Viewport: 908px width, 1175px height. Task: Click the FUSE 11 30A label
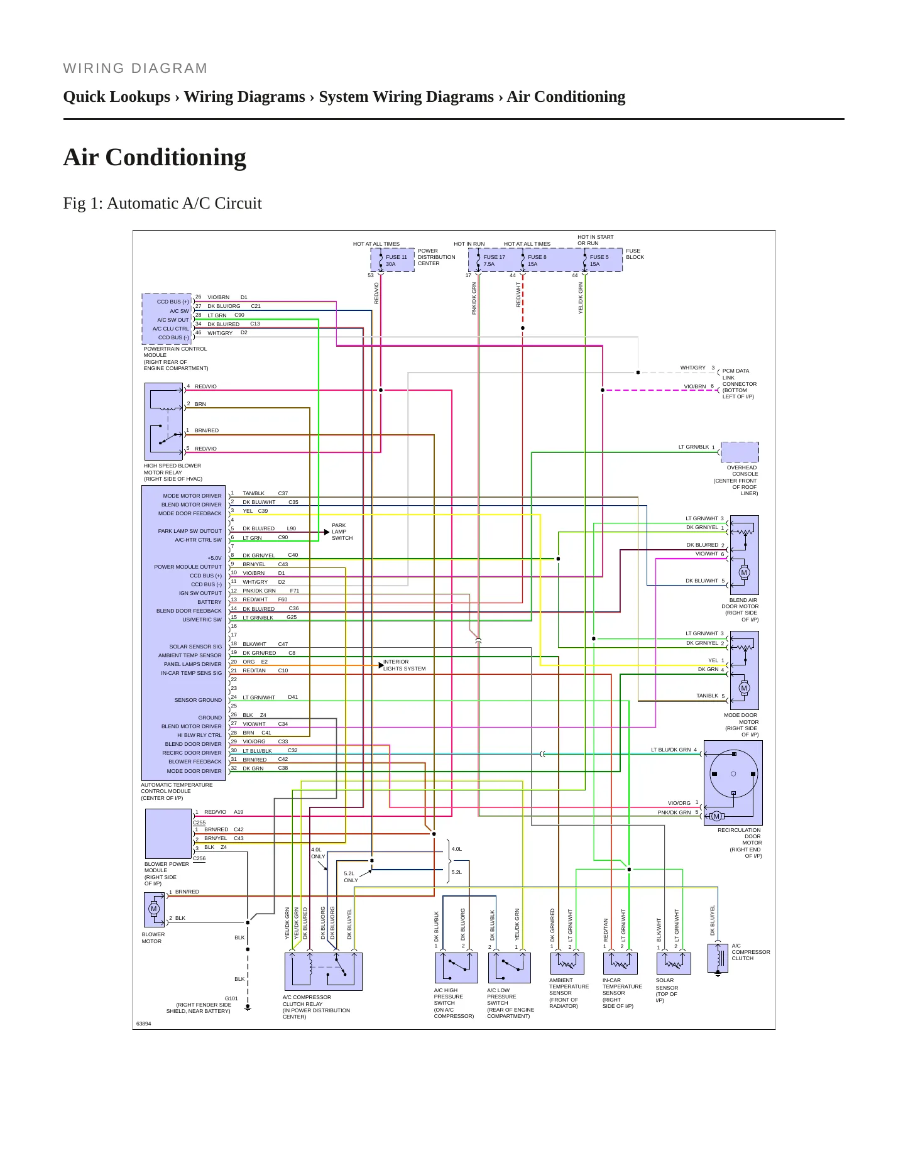[397, 260]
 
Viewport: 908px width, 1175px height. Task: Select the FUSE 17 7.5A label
[494, 260]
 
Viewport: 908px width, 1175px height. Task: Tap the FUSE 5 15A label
[599, 260]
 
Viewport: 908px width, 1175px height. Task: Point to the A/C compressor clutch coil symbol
[718, 958]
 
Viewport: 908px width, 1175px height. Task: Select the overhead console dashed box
[740, 452]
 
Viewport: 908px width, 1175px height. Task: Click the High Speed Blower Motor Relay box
[164, 422]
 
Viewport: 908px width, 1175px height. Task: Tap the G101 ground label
[231, 998]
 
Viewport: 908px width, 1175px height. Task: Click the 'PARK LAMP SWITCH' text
[342, 532]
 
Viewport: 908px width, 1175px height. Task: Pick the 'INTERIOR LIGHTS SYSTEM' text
[404, 665]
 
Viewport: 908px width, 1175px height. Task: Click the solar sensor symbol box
[674, 963]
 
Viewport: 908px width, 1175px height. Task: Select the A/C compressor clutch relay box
[324, 971]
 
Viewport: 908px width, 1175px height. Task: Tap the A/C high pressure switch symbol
[456, 968]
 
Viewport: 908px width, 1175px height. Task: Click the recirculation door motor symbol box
[733, 782]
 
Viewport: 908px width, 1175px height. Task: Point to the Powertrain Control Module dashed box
[167, 319]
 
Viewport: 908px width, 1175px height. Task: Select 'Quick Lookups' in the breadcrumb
[116, 97]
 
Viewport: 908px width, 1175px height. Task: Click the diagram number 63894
[143, 1024]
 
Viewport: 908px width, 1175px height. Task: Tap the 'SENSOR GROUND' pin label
[198, 700]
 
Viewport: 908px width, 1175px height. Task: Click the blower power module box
[168, 833]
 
